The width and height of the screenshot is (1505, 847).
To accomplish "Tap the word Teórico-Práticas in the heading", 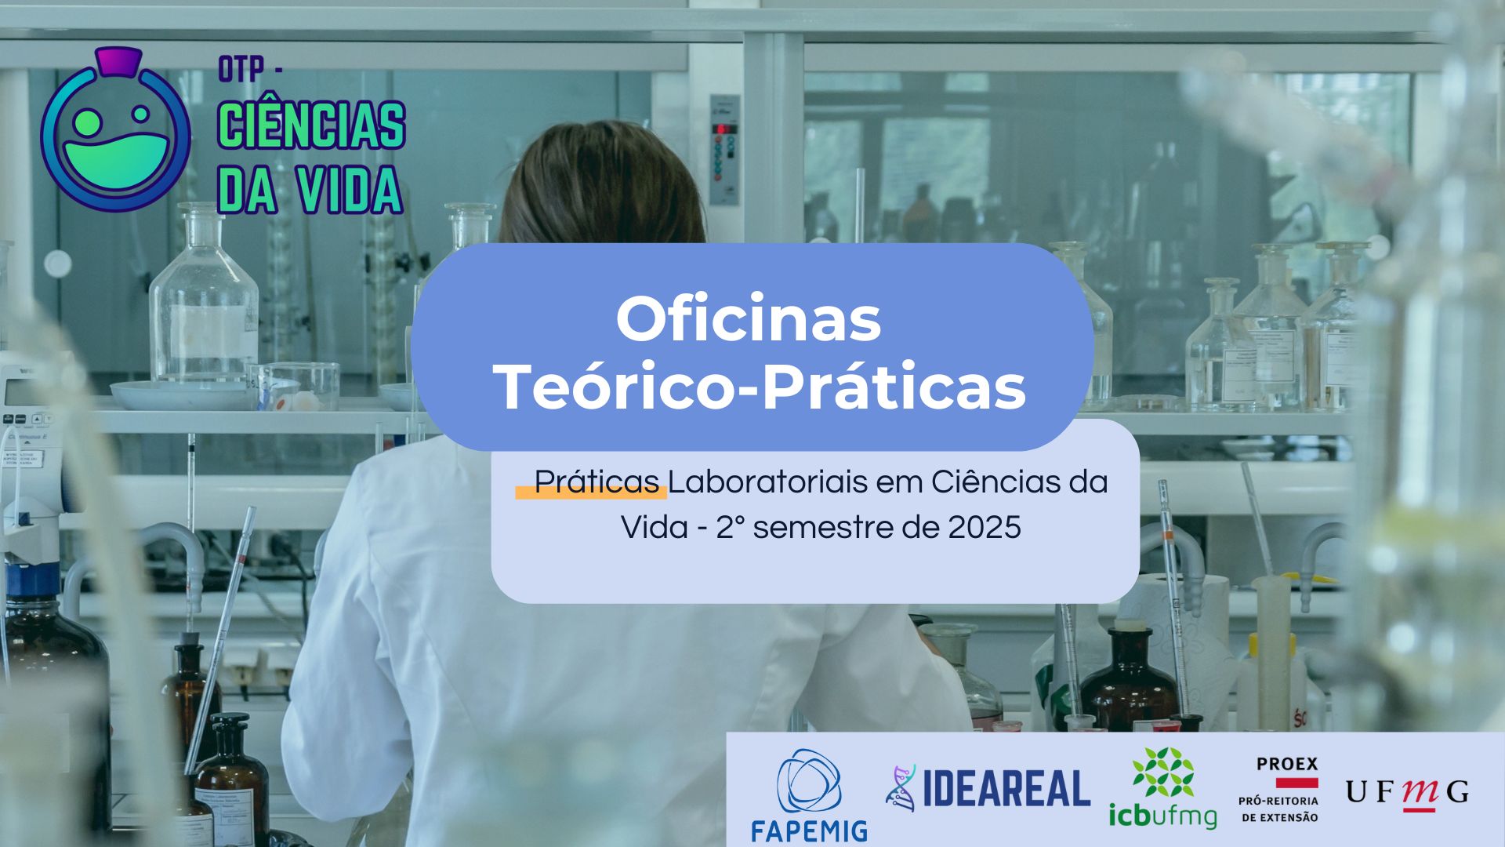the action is (x=761, y=387).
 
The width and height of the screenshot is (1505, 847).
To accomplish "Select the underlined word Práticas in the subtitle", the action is (x=597, y=482).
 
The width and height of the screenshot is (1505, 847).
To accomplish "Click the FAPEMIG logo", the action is (x=809, y=794).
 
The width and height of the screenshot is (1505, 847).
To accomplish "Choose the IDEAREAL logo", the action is (x=988, y=787).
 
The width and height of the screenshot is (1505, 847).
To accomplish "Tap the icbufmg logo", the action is (x=1162, y=787).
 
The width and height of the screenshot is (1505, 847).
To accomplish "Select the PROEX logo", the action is (x=1278, y=789).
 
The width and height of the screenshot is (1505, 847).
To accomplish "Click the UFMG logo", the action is (x=1407, y=792).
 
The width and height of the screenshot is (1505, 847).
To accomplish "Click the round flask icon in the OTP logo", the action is (x=115, y=130).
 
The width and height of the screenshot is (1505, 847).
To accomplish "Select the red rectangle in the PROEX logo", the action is (x=1297, y=782).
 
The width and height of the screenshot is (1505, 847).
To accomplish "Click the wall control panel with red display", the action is (x=724, y=150).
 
